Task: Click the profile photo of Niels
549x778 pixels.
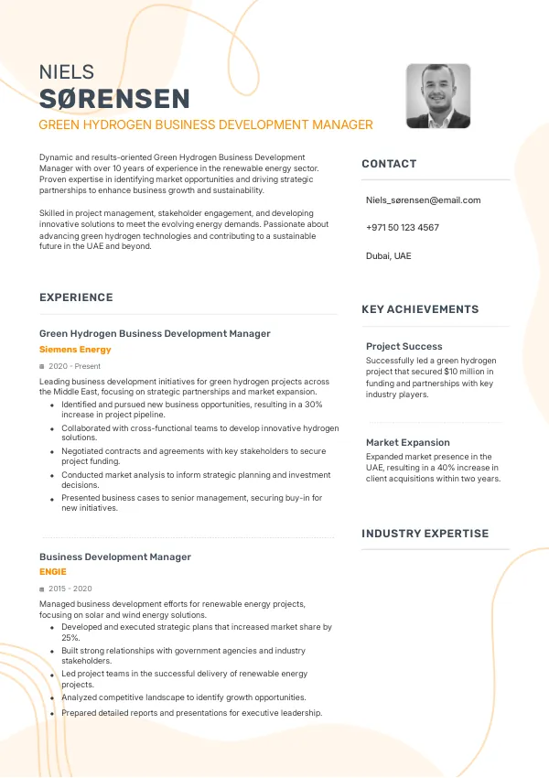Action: pos(438,95)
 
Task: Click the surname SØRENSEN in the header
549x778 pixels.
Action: pos(114,99)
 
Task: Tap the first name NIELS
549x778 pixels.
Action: pos(67,72)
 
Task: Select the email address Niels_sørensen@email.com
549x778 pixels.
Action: pos(423,200)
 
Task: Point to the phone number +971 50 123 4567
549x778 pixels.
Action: pos(402,227)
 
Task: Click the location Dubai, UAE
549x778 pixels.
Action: pos(388,255)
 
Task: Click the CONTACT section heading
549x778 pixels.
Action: pos(389,164)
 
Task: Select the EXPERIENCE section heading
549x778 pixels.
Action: pos(76,297)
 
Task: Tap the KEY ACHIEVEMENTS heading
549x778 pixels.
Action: pos(420,309)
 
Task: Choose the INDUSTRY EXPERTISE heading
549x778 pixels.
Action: pos(425,534)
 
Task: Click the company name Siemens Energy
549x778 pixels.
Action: pos(75,350)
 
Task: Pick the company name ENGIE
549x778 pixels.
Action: pos(53,572)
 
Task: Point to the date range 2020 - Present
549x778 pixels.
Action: pos(74,366)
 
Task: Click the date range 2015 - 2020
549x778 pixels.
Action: pos(70,589)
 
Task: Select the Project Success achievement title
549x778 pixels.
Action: pos(404,346)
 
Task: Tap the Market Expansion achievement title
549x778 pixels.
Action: pos(407,442)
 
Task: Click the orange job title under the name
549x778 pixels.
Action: pos(206,124)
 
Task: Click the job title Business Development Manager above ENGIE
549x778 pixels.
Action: pos(115,556)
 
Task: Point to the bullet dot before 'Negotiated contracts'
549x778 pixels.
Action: pos(51,451)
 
